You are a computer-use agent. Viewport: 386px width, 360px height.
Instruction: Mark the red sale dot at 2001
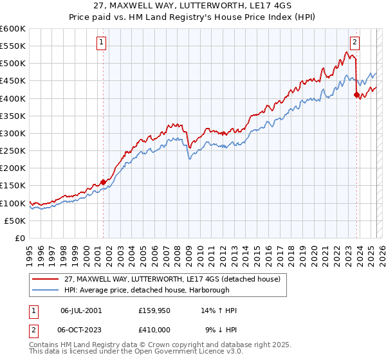(x=103, y=182)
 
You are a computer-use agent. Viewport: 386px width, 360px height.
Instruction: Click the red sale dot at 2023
(x=356, y=94)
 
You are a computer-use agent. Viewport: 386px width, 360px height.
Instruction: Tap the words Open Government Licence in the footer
(x=180, y=353)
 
